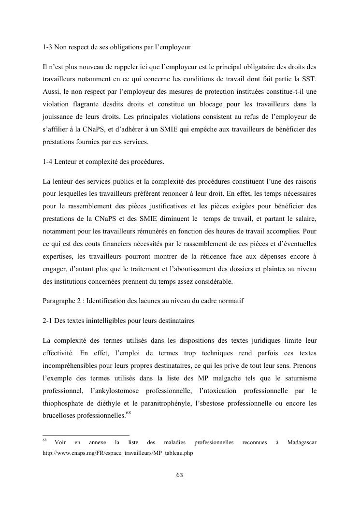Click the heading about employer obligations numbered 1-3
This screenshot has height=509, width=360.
116,47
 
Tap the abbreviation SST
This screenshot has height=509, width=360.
310,78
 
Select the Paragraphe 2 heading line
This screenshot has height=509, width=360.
143,301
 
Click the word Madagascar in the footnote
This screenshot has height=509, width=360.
302,442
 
